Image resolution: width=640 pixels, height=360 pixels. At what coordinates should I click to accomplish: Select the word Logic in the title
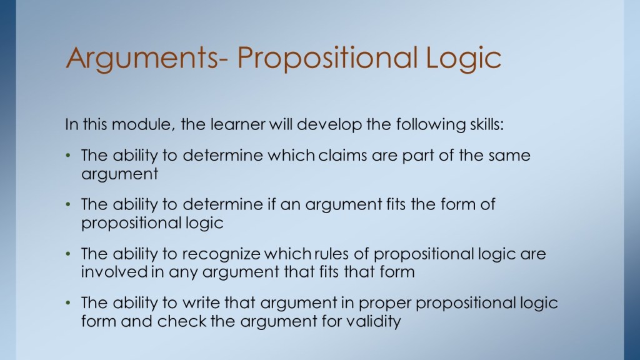(x=463, y=58)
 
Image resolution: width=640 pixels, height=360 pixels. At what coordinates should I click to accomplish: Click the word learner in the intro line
(x=238, y=124)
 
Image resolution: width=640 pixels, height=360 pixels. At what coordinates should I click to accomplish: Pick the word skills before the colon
(x=485, y=124)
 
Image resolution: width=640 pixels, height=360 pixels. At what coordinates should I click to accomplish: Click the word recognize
(x=221, y=254)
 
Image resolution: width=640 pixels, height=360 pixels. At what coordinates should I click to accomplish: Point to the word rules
(x=331, y=254)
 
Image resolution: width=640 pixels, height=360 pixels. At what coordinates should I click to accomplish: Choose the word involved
(x=114, y=272)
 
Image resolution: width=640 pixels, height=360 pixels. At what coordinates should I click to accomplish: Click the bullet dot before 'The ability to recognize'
(x=68, y=254)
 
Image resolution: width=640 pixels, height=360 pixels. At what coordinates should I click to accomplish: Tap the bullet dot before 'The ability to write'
(x=68, y=303)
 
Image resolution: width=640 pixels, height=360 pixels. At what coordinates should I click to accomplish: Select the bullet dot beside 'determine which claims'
(x=68, y=156)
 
